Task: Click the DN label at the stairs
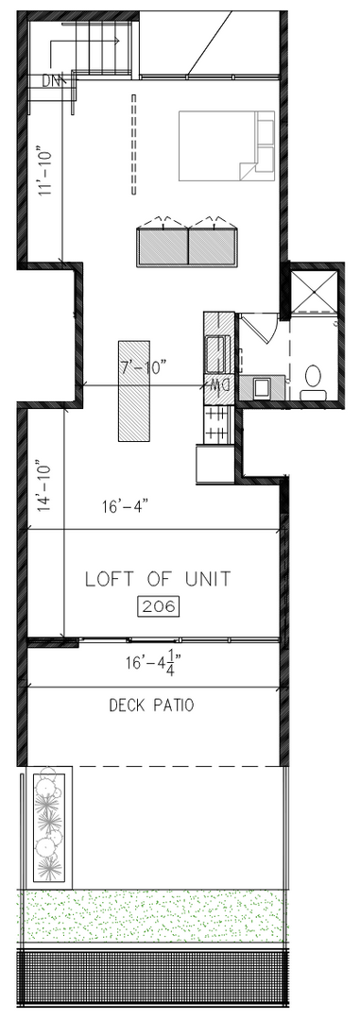click(x=52, y=82)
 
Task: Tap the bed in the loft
click(x=227, y=145)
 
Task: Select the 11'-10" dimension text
click(x=45, y=175)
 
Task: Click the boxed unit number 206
click(x=158, y=607)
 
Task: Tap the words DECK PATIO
click(x=151, y=705)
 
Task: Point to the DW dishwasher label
click(x=222, y=385)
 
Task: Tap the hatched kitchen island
click(x=134, y=390)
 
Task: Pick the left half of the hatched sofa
click(x=163, y=246)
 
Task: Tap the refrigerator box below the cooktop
click(x=214, y=464)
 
